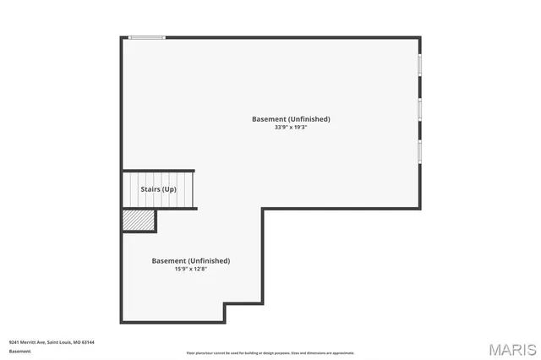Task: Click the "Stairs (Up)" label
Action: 159,189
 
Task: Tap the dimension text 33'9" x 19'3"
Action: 291,128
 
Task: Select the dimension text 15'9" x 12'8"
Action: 190,269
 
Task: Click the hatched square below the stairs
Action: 139,220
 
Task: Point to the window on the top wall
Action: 147,37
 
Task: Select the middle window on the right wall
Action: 419,109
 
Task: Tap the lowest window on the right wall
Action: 419,151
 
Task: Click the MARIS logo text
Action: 511,349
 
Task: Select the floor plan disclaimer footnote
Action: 270,353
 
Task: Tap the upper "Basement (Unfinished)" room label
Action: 291,119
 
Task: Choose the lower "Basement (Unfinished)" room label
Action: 190,260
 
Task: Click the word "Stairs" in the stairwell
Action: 150,189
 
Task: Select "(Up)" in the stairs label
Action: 170,189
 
